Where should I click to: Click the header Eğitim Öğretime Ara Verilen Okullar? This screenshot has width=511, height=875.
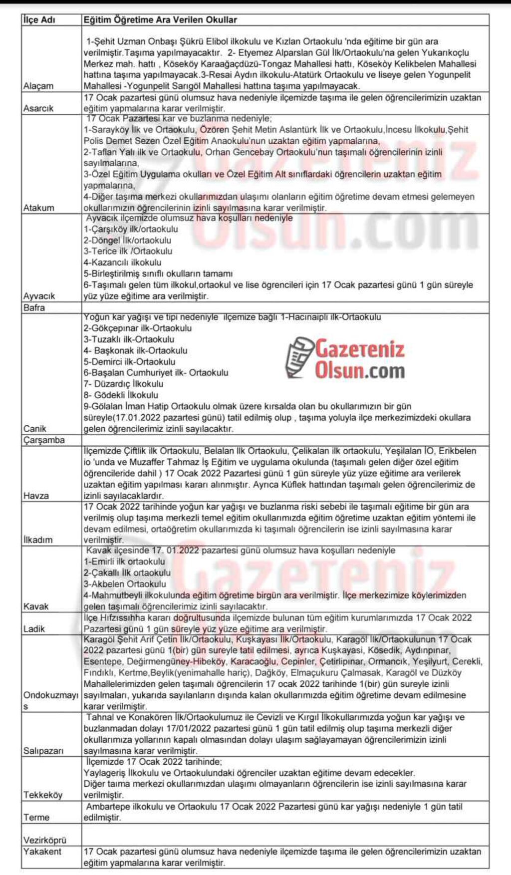tap(160, 20)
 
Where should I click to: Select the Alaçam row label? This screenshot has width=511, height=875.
tap(38, 86)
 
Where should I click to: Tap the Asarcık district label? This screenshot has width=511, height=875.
tap(38, 108)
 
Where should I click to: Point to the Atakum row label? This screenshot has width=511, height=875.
tap(39, 208)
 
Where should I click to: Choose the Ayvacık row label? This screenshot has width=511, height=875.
tap(39, 296)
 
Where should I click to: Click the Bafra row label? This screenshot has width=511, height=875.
tap(34, 307)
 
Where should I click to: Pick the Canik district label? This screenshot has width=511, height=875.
tap(35, 429)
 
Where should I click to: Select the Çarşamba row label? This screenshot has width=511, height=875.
tap(44, 440)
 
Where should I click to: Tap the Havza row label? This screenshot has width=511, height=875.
tap(36, 496)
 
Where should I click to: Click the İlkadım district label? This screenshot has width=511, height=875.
tap(38, 540)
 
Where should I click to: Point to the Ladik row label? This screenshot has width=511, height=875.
tap(34, 629)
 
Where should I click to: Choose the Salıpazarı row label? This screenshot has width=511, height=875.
tap(43, 751)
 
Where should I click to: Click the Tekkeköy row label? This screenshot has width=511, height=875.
tap(43, 795)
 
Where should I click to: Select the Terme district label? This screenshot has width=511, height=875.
tap(36, 817)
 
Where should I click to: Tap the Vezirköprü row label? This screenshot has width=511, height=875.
tap(44, 841)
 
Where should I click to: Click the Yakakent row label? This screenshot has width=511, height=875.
tap(42, 852)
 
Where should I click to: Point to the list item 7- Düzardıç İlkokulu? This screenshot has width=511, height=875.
tap(123, 384)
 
